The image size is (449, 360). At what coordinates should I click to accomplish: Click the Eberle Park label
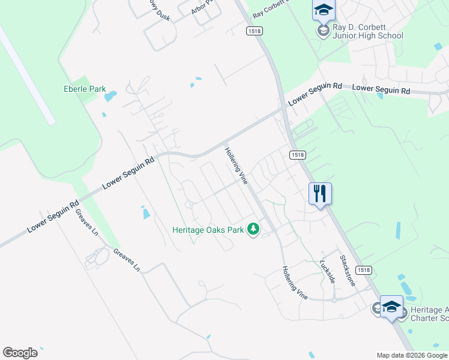tap(85, 89)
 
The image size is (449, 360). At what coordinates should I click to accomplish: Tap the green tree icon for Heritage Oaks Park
tap(254, 229)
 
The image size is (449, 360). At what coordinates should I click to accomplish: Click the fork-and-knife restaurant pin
tap(319, 194)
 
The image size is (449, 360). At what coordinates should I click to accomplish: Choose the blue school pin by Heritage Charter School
tap(391, 307)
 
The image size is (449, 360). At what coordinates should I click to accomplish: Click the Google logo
tap(20, 353)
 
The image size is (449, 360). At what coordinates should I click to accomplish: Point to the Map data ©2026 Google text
tap(412, 355)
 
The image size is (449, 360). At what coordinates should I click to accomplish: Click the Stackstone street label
tap(348, 271)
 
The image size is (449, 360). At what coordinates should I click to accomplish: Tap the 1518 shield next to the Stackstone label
tap(364, 271)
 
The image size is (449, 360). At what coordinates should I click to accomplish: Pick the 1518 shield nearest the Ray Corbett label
tap(253, 29)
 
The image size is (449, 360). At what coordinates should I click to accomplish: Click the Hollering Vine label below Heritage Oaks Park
tap(294, 283)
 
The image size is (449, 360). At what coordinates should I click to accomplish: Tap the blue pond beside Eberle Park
tap(110, 95)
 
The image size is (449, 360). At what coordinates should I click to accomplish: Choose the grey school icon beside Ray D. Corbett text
tap(324, 31)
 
